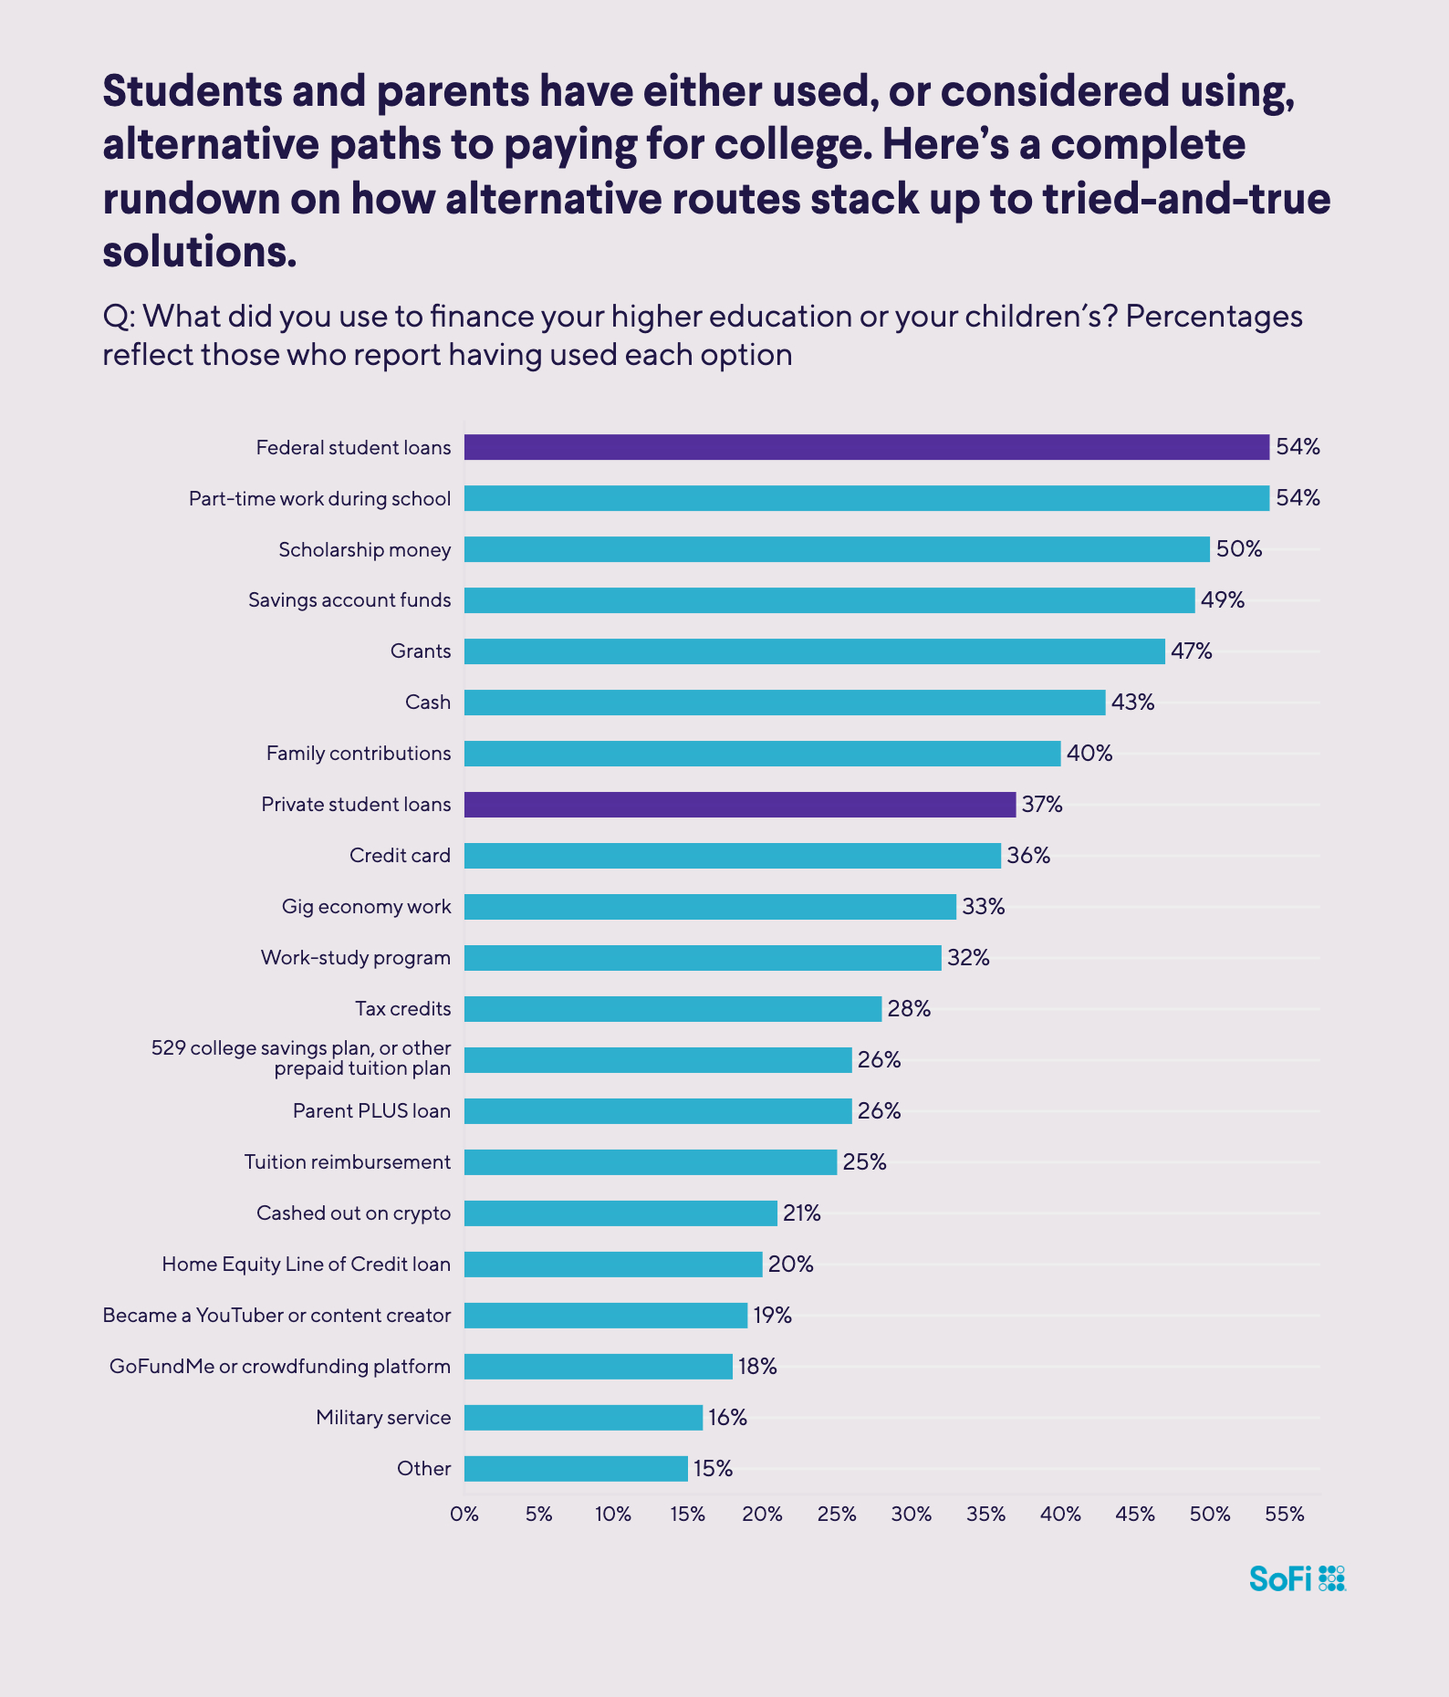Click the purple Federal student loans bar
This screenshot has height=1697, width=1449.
(867, 447)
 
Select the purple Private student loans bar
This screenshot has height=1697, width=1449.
(740, 805)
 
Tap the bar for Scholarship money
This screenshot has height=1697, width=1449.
(837, 549)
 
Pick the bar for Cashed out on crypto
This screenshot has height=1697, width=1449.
(620, 1213)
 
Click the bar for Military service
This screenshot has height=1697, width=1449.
(583, 1418)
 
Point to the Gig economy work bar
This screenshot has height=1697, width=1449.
(710, 907)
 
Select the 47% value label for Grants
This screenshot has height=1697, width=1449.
(1192, 651)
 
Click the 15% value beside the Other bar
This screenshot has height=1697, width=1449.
(713, 1469)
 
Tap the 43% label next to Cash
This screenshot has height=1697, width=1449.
(1132, 703)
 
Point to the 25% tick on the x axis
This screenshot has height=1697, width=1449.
(837, 1515)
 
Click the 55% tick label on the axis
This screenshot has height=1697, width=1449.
(1285, 1515)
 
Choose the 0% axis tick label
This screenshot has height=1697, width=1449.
(464, 1515)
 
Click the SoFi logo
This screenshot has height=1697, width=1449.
(1297, 1578)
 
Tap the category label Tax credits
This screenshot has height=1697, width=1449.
(403, 1009)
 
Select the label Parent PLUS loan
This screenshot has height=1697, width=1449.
(371, 1111)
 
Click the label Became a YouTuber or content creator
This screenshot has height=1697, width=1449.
(276, 1316)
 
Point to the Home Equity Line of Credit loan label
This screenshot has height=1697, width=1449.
(306, 1265)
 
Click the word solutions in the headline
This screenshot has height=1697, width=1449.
(200, 252)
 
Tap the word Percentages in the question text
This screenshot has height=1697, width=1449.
(1214, 317)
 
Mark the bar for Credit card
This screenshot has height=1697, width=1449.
(733, 856)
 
